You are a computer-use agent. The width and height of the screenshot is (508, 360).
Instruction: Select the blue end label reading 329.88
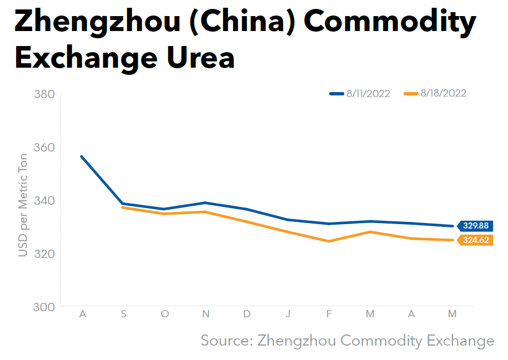coord(475,226)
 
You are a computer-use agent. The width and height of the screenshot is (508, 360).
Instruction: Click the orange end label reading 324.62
coord(475,241)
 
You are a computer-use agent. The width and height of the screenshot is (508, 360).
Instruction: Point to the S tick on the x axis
coord(124,315)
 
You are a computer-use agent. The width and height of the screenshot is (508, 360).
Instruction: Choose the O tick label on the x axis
coord(165,315)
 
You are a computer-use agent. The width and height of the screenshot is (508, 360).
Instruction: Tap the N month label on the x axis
coord(206,315)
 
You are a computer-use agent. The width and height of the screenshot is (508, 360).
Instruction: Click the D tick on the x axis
coord(247,315)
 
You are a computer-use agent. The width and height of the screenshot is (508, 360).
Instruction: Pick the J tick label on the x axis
coord(288,315)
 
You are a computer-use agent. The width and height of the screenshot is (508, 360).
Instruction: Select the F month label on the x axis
coord(329,315)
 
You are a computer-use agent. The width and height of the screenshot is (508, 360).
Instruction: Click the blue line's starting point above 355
coord(82,156)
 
